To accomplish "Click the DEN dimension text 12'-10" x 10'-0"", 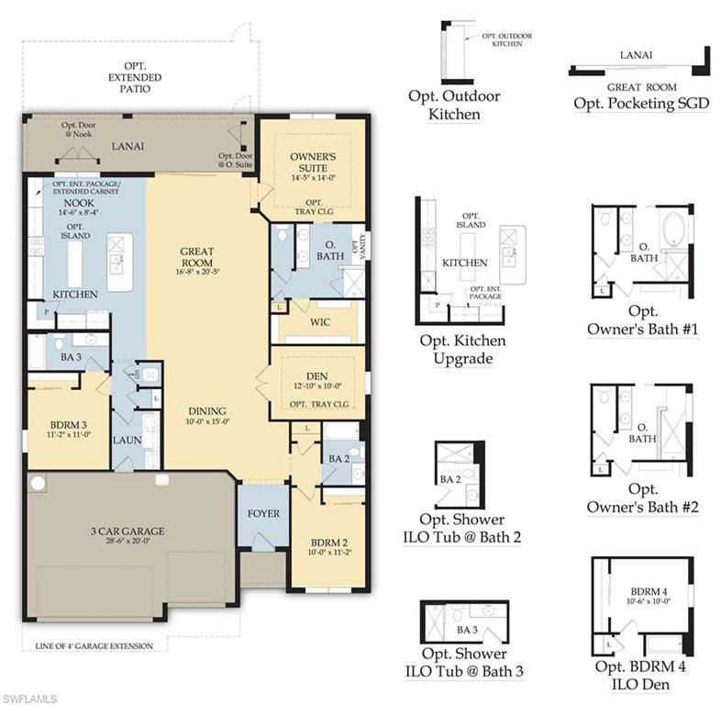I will pos(316,386).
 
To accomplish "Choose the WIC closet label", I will pos(320,321).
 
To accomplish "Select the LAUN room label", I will pos(126,441).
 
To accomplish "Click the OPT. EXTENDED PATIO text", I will pos(133,78).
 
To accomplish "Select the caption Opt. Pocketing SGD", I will pos(641,103).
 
